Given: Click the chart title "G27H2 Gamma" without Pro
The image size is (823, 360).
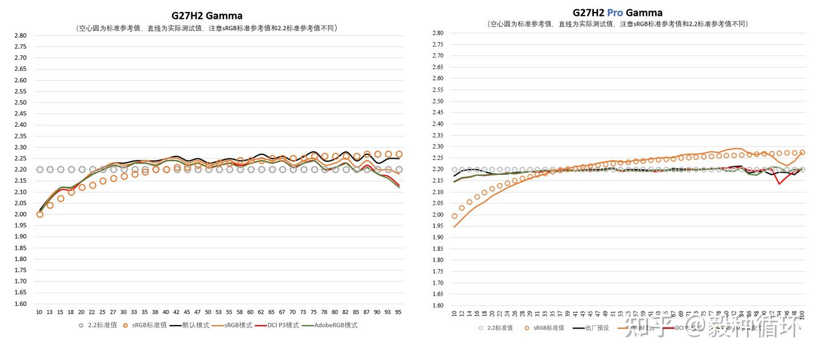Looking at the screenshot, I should click(x=207, y=15).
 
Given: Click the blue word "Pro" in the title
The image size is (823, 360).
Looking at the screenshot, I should click(x=614, y=13).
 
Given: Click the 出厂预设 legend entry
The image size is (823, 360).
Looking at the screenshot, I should click(x=598, y=328).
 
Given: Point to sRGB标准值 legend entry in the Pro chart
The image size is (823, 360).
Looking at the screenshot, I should click(x=549, y=328).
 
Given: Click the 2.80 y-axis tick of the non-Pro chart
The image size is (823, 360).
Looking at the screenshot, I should click(x=20, y=35).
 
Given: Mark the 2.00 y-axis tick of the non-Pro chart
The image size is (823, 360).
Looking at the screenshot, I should click(x=20, y=214).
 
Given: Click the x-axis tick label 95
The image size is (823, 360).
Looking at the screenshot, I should click(x=398, y=313).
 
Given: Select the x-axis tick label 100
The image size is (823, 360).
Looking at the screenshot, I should click(x=802, y=314).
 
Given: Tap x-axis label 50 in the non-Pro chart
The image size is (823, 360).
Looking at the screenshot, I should click(x=208, y=313).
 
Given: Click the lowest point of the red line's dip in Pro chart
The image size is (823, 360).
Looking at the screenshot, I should click(x=779, y=183).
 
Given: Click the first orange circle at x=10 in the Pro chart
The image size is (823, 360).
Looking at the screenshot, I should click(x=454, y=216).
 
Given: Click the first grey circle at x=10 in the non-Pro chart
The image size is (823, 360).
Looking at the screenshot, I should click(x=39, y=169).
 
